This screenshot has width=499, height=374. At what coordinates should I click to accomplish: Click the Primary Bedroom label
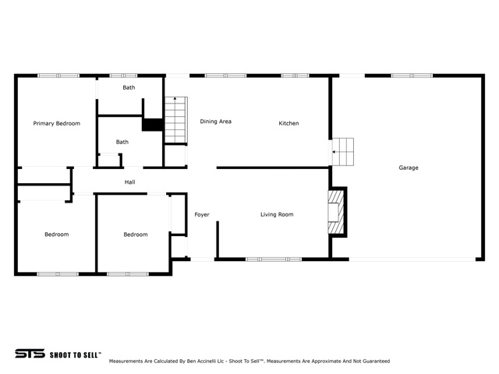[x=57, y=123]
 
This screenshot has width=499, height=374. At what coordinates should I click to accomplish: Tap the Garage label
[x=409, y=168]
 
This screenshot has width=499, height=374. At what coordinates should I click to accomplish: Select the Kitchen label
[x=288, y=123]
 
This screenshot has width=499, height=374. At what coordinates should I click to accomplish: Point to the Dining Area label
[x=215, y=122]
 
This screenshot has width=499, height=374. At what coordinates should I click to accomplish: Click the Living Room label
[x=277, y=214]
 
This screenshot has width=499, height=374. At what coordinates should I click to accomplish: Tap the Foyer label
[x=202, y=215]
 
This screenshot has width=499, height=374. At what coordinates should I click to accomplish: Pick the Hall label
[x=130, y=182]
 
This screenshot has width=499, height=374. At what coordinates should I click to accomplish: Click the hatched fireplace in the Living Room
[x=336, y=212]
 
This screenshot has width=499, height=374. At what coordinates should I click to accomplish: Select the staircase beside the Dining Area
[x=175, y=120]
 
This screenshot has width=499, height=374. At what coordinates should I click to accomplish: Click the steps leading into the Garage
[x=343, y=152]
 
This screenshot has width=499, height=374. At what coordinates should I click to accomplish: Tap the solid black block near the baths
[x=153, y=125]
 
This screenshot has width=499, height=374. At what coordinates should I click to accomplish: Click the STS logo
[x=30, y=353]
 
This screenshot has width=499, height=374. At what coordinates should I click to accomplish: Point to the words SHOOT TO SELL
[x=76, y=355]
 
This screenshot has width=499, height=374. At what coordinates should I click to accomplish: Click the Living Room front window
[x=274, y=259]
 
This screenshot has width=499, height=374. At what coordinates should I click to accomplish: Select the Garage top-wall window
[x=412, y=76]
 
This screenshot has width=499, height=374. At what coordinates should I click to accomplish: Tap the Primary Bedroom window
[x=58, y=76]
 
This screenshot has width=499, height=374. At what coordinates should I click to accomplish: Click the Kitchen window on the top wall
[x=295, y=76]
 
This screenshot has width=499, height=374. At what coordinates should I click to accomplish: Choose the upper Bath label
[x=129, y=87]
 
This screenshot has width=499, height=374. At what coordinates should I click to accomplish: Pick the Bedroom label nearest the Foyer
[x=136, y=235]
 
